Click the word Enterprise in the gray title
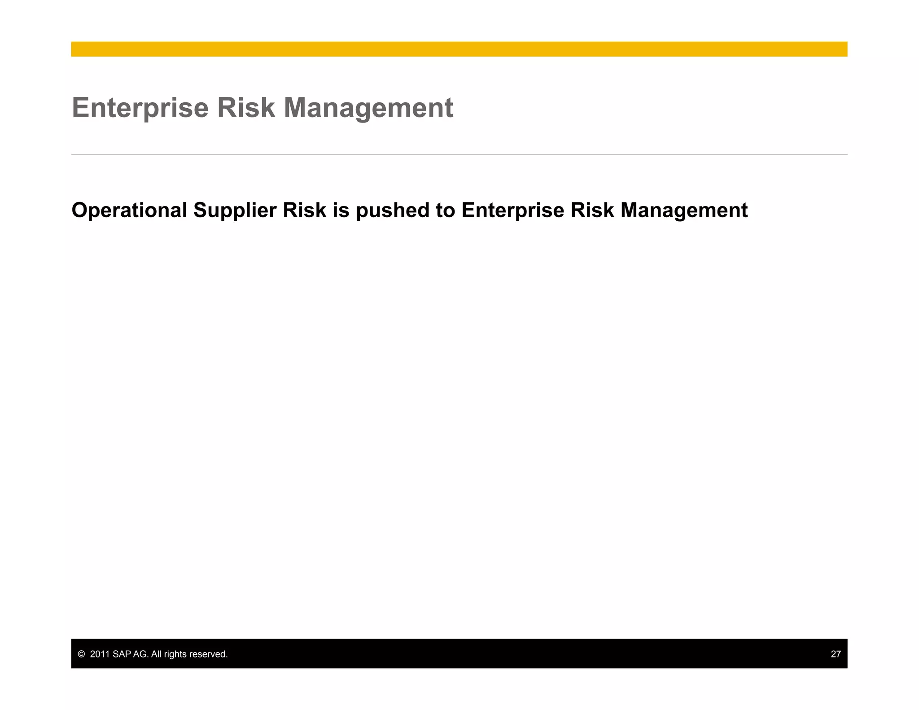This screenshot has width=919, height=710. point(140,108)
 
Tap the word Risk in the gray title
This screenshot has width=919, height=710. point(245,108)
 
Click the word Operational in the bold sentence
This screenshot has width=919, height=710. point(129,210)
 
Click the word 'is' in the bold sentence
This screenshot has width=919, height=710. point(341,210)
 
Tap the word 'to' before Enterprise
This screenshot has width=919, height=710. point(445,210)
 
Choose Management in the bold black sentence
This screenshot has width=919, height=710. point(684,210)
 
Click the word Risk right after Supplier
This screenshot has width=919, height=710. point(304,210)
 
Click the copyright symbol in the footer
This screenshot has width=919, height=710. point(81,654)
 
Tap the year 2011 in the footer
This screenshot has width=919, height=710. point(100,654)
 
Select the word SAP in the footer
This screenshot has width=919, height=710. point(122,654)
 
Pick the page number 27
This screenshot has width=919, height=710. point(836,654)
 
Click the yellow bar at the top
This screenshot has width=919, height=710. point(459,49)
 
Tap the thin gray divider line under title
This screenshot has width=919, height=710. point(459,154)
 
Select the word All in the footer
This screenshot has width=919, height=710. point(156,654)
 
